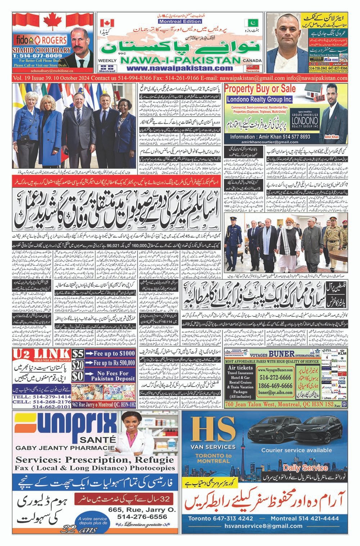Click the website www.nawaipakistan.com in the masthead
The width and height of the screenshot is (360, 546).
pyautogui.click(x=182, y=68)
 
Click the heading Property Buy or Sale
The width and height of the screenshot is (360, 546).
pyautogui.click(x=260, y=89)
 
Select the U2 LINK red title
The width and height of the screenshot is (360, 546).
pyautogui.click(x=40, y=354)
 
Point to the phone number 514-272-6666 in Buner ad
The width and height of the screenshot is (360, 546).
pyautogui.click(x=275, y=377)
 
